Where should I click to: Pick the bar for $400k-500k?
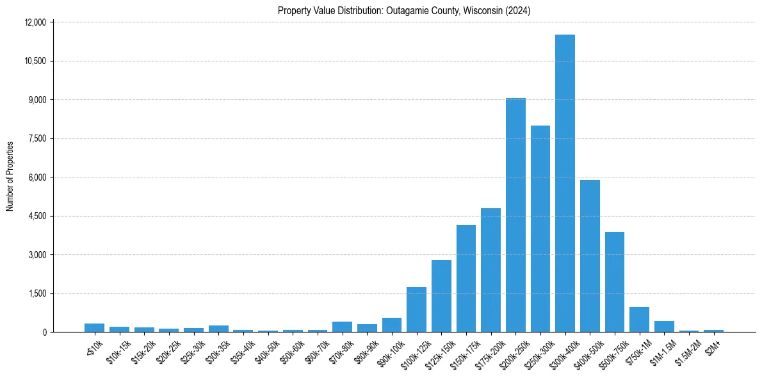pyautogui.click(x=590, y=256)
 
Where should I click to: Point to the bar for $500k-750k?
pyautogui.click(x=615, y=282)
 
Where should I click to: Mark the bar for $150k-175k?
pyautogui.click(x=466, y=279)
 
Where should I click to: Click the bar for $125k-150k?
pyautogui.click(x=441, y=296)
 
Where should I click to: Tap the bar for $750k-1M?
pyautogui.click(x=639, y=320)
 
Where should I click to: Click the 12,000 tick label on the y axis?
pyautogui.click(x=35, y=22)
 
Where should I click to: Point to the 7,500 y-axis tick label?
pyautogui.click(x=37, y=138)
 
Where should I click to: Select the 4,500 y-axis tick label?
pyautogui.click(x=37, y=216)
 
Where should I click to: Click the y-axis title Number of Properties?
pyautogui.click(x=10, y=177)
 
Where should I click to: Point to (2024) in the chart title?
pyautogui.click(x=517, y=11)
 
